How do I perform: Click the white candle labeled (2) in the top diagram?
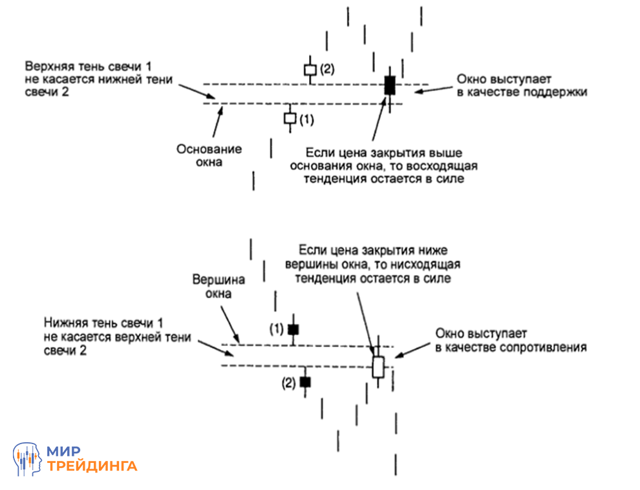(x=310, y=69)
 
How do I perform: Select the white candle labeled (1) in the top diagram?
(x=290, y=118)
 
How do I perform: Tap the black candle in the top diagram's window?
(x=389, y=85)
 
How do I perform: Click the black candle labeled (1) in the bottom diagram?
(x=293, y=329)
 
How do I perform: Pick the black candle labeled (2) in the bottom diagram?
(x=305, y=382)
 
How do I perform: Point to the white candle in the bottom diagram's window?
(x=378, y=366)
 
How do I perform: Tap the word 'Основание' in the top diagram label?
(x=209, y=149)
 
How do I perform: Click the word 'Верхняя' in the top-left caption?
(x=49, y=67)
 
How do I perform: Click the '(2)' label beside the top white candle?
(x=327, y=68)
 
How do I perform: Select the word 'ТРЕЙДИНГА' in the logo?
(x=92, y=466)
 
